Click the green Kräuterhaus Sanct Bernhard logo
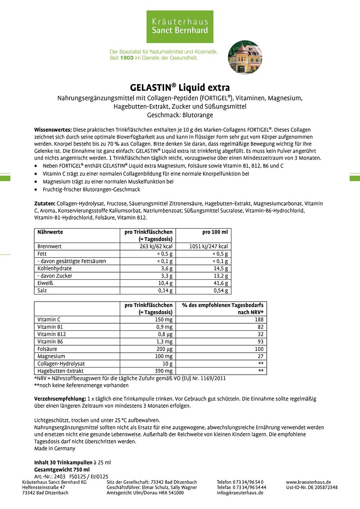coord(180,27)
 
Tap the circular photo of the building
coord(245,58)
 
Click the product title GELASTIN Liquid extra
coord(180,87)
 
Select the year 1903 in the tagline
coord(127,58)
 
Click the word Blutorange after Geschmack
coord(198,115)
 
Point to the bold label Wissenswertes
coord(53,130)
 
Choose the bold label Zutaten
coord(45,203)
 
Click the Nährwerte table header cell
coord(50,232)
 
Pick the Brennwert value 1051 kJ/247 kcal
coord(208,247)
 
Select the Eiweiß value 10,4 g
coord(165,283)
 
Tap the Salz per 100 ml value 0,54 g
coord(221,290)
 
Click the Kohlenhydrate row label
coord(54,269)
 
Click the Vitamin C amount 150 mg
coord(164,320)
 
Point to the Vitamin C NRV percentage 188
coord(259,320)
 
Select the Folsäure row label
coord(47,349)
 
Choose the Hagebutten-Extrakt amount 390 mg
coord(164,371)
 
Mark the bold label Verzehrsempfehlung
coord(60,399)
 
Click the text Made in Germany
coord(55,449)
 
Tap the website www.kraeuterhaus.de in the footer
coord(309,482)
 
